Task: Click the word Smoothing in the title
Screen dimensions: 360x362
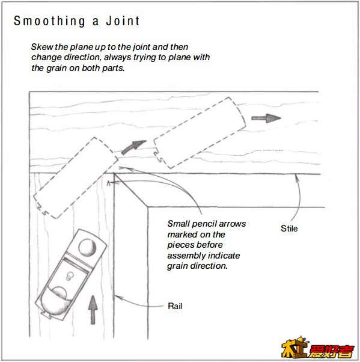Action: point(49,21)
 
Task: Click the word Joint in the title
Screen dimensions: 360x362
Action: point(123,21)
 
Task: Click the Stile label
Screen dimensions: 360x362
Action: point(289,229)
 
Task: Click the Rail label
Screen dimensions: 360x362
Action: point(175,306)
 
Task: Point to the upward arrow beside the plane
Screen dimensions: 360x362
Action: point(93,310)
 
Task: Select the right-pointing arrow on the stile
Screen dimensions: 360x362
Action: point(266,118)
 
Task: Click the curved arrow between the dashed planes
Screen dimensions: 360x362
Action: point(133,146)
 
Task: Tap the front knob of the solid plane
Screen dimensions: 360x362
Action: point(87,247)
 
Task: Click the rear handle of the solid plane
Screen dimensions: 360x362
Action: point(57,300)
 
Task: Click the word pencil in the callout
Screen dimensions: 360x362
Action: point(204,224)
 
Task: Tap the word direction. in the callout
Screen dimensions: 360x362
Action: point(209,266)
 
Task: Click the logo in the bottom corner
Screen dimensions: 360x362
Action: point(318,348)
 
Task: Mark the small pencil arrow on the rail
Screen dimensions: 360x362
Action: point(108,183)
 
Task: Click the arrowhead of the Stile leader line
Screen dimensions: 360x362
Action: point(296,177)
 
